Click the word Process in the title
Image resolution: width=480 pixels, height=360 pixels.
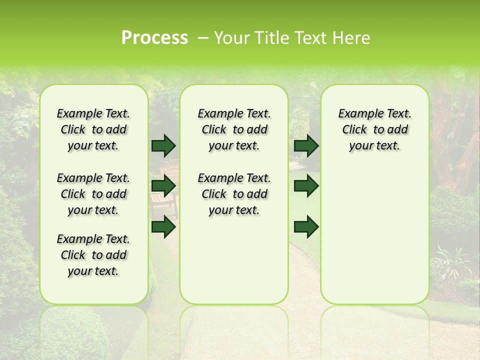(x=154, y=38)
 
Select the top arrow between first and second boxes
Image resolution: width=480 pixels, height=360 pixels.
(x=163, y=145)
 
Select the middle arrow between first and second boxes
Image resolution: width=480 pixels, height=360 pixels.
(x=163, y=186)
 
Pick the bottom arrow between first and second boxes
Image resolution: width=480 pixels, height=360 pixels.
(x=163, y=227)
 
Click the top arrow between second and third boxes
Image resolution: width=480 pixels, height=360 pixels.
(x=306, y=145)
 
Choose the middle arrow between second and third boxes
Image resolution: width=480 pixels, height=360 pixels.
(x=306, y=186)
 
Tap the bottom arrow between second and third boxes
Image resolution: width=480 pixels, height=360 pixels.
(x=306, y=227)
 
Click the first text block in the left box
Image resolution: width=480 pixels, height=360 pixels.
(x=93, y=129)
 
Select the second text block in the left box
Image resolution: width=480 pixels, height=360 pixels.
(x=93, y=194)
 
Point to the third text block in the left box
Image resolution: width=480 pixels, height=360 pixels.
(x=93, y=255)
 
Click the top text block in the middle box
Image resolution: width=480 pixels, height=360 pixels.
(x=234, y=129)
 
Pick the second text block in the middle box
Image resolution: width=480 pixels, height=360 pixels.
(x=234, y=194)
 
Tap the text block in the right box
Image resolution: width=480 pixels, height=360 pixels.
(x=374, y=129)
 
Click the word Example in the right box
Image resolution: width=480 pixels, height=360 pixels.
(x=356, y=114)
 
